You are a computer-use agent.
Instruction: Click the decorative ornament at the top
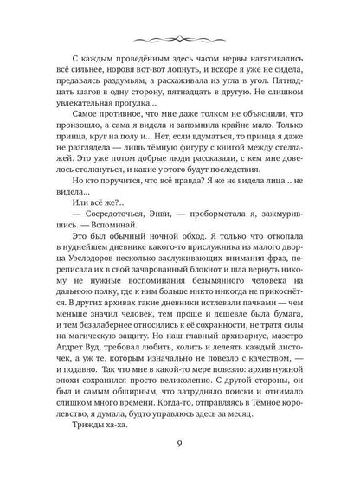[x=179, y=39]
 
